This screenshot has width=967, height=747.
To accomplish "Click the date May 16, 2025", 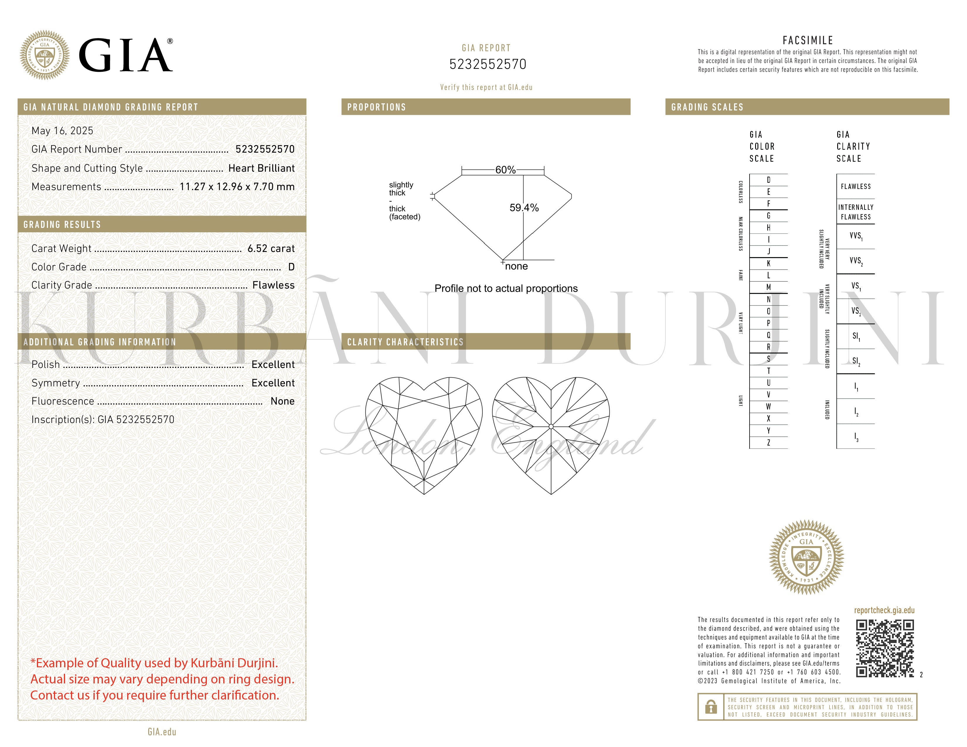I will [62, 131].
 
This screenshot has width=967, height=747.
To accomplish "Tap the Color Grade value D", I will [291, 267].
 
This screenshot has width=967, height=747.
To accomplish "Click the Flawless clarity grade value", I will [273, 285].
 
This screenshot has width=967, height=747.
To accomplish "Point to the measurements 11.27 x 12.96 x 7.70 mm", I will [237, 187].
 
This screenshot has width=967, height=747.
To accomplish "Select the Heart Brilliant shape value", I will [261, 168].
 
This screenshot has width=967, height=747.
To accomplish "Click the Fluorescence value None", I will [282, 401].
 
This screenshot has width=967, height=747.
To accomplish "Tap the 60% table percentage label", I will [505, 170].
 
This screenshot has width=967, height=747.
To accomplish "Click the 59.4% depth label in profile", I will [524, 208].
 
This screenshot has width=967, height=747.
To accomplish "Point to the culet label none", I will [516, 266].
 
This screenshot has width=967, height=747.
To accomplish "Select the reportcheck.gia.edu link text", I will [884, 610].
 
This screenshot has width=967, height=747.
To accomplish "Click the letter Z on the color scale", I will [768, 443].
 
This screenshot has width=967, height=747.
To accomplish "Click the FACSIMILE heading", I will [808, 40].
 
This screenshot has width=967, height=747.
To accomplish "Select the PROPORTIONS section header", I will [376, 107].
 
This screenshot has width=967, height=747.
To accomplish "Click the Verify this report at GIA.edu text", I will [486, 87].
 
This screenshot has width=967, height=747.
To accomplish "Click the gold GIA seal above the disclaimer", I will [806, 557].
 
